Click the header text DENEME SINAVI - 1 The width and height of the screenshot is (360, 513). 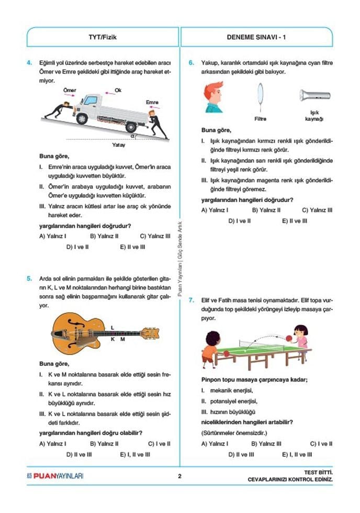tap(256, 37)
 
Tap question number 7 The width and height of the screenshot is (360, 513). tap(192, 300)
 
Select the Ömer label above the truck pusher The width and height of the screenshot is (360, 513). tap(70, 91)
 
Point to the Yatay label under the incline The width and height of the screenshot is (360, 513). tap(119, 144)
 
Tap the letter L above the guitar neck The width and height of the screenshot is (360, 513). tap(113, 327)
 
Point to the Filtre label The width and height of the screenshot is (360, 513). tap(260, 119)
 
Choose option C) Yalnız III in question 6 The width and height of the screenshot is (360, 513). tap(317, 210)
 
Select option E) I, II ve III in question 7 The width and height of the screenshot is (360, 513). tap(297, 455)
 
